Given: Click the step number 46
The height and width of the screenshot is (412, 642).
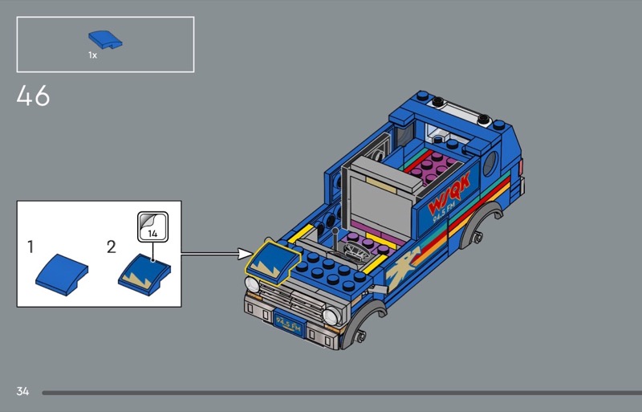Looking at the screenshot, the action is tap(33, 96).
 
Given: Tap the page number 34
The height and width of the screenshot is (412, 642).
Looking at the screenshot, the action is tap(22, 391).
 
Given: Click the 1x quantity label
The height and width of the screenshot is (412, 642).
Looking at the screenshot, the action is tap(92, 55).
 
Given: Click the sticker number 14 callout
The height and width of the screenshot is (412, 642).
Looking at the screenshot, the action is tap(151, 226).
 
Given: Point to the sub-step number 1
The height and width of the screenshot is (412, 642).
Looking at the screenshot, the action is tap(30, 247).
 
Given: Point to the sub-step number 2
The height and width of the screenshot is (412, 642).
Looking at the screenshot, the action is tap(111, 247).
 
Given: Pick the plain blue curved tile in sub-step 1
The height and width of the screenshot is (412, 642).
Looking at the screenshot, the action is tap(62, 270).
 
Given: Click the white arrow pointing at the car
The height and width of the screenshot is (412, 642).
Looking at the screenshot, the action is tap(217, 254).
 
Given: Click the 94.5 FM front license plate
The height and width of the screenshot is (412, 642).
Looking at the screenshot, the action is tap(288, 324).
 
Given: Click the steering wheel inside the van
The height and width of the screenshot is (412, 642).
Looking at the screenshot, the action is tap(354, 253).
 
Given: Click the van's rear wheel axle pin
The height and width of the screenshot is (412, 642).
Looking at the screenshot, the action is tap(478, 237).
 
